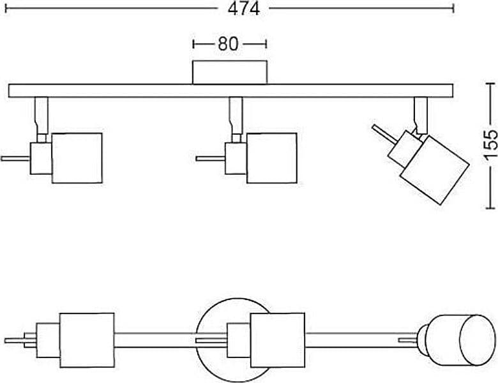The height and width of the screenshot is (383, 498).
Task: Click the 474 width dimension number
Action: (x=244, y=8)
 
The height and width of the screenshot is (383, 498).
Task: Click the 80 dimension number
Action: (x=228, y=43)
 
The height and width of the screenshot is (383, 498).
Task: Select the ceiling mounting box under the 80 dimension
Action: (x=230, y=72)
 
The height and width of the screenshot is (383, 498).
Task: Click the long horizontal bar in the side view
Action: (x=230, y=91)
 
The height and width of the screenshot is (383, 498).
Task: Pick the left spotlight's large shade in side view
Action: (x=77, y=158)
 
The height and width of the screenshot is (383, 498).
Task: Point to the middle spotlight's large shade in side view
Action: (x=271, y=158)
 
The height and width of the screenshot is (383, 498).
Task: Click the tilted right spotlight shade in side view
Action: (x=435, y=170)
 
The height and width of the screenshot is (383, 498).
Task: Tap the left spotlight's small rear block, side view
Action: (x=41, y=158)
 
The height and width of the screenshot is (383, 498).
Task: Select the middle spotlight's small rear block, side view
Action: (x=236, y=158)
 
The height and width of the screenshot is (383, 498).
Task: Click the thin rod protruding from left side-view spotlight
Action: (x=15, y=158)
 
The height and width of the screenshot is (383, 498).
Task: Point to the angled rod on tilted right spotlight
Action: (x=384, y=133)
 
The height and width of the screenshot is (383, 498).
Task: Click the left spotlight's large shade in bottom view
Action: (x=87, y=340)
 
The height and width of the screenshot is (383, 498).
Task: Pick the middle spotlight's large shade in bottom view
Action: (x=277, y=340)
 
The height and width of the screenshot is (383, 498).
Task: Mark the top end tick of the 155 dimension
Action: (x=491, y=84)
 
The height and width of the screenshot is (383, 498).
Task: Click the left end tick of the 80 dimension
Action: (x=193, y=44)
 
